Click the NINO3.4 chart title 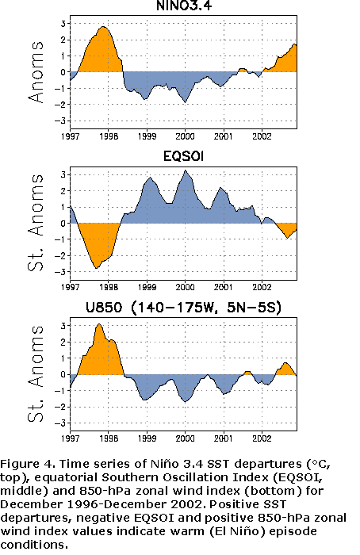184,6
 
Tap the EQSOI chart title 183,156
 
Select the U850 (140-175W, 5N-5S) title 183,308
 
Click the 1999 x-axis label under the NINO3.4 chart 147,136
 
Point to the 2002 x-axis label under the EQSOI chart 262,287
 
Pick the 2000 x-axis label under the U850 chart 185,438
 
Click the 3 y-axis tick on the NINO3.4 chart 63,24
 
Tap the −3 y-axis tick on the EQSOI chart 60,272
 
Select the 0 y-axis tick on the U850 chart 63,374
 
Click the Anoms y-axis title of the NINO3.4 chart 36,72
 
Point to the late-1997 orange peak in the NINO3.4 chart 102,27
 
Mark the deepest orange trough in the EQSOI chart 96,268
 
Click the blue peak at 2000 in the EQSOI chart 185,170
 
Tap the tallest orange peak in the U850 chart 99,324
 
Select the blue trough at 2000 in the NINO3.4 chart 185,102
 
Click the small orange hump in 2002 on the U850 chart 285,363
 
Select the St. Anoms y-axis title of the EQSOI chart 36,223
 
